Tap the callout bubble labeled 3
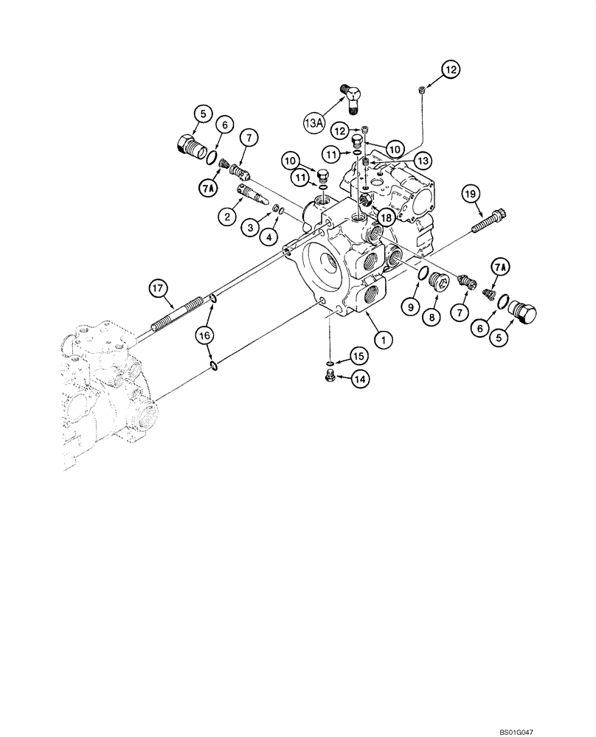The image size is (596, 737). click(x=251, y=229)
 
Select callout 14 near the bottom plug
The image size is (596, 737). click(x=361, y=379)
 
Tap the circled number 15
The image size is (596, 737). click(x=357, y=357)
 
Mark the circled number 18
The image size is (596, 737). click(x=385, y=218)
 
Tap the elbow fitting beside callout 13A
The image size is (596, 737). click(x=354, y=97)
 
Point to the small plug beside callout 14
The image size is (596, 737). click(x=332, y=378)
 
